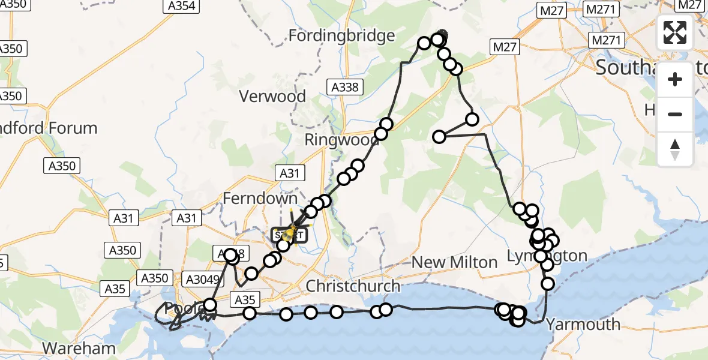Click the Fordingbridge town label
(341, 35)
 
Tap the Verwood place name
(272, 96)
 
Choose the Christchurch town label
(353, 286)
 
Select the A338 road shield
(345, 88)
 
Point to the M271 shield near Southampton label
(608, 40)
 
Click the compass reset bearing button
(675, 149)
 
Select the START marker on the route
(291, 235)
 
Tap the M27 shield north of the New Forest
(503, 47)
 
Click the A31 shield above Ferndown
(289, 173)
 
